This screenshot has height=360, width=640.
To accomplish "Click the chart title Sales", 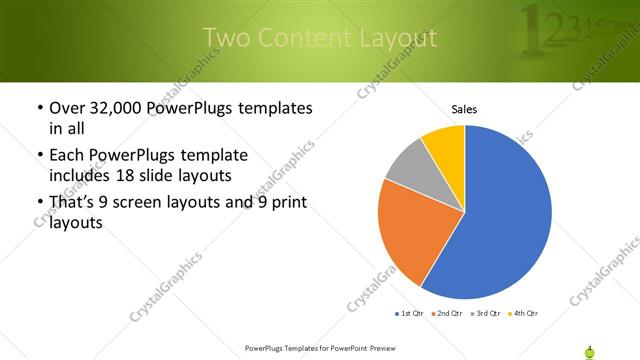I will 464,107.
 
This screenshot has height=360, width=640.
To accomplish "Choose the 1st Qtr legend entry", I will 409,314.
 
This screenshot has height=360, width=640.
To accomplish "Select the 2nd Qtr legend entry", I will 445,314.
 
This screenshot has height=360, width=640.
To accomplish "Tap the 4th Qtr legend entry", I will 524,314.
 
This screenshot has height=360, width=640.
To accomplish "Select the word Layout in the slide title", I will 399,38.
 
